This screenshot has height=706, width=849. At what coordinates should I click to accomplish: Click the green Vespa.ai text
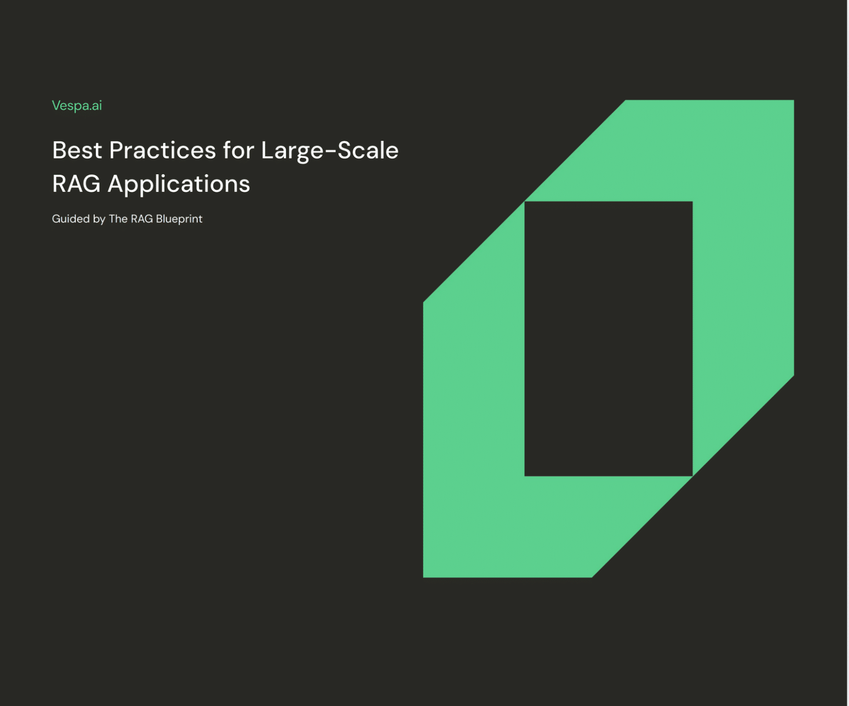77,105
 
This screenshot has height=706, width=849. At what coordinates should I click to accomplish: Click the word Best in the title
77,150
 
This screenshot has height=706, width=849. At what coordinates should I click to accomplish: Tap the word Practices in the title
162,150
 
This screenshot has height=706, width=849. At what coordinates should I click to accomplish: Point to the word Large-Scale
329,150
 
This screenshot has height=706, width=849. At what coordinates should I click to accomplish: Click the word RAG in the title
76,184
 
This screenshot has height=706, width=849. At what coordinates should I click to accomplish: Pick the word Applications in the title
179,184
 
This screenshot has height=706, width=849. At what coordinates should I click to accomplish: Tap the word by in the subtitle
99,219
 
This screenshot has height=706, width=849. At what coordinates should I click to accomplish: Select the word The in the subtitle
118,219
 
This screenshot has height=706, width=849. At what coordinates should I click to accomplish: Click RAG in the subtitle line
142,219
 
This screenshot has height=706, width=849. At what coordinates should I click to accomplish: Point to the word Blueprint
179,219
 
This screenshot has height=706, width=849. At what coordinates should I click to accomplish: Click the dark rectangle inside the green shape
608,339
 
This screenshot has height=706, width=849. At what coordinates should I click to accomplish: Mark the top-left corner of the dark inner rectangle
526,203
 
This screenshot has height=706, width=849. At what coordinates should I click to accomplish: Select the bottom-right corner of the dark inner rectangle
691,475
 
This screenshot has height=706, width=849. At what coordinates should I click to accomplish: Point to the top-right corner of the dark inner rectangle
691,203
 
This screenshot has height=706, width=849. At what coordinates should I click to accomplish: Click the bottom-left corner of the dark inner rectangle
526,475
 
